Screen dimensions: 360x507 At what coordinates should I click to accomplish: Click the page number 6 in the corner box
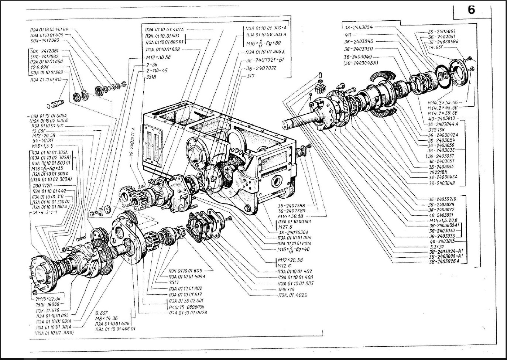[471, 10]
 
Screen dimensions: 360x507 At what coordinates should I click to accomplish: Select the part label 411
[348, 35]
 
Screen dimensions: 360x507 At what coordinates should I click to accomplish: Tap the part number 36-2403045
[358, 41]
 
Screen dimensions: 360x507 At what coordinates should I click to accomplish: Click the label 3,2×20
[436, 246]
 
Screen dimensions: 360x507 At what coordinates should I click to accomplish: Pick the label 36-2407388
[291, 206]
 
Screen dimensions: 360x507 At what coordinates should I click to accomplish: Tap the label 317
[251, 76]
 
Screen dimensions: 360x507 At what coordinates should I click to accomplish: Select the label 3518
[151, 77]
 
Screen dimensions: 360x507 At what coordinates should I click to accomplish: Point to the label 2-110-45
[157, 71]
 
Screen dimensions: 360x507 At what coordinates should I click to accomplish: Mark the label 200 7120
[42, 185]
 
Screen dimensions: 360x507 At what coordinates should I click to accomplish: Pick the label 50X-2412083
[45, 40]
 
